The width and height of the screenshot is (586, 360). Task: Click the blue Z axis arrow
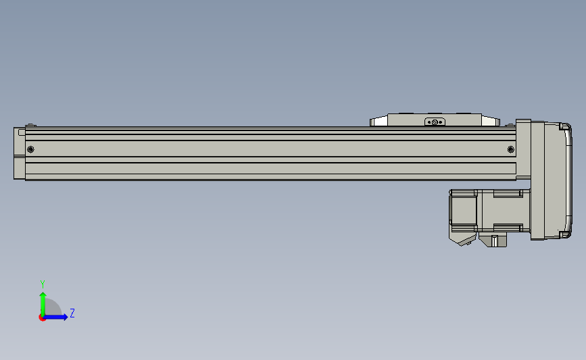pyautogui.click(x=55, y=317)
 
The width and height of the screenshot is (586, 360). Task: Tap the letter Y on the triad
pyautogui.click(x=42, y=284)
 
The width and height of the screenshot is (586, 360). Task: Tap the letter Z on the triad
pyautogui.click(x=72, y=313)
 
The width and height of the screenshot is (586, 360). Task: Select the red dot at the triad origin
pyautogui.click(x=42, y=318)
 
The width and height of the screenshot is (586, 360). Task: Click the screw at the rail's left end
pyautogui.click(x=30, y=149)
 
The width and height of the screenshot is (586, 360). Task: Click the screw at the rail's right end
pyautogui.click(x=511, y=149)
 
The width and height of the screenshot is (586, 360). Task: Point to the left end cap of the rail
pyautogui.click(x=20, y=153)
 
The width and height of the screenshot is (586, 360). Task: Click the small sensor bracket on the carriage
pyautogui.click(x=435, y=122)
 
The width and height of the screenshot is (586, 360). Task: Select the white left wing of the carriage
pyautogui.click(x=379, y=121)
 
